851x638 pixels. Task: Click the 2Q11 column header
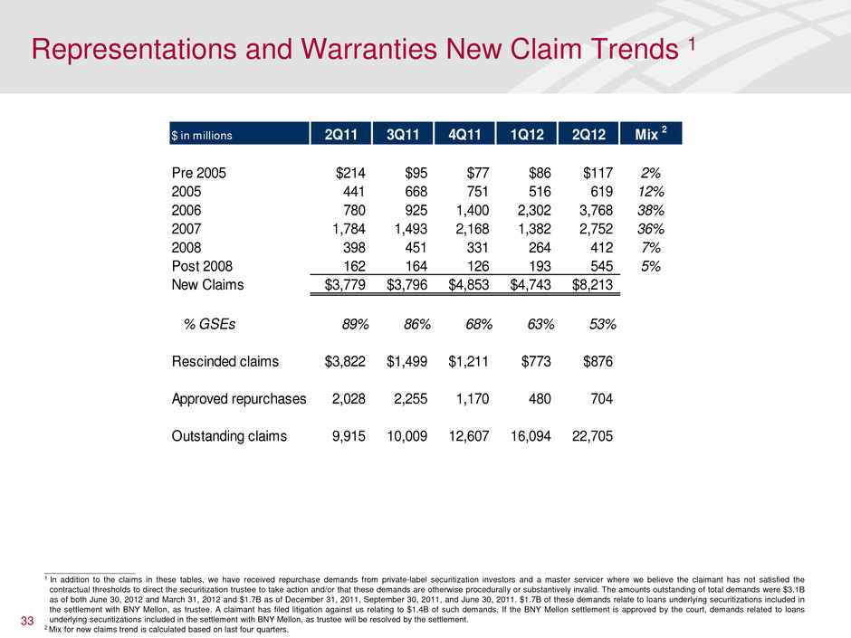coord(340,134)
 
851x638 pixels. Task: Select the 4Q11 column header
coord(464,134)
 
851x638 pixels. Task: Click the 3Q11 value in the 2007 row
coord(402,229)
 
